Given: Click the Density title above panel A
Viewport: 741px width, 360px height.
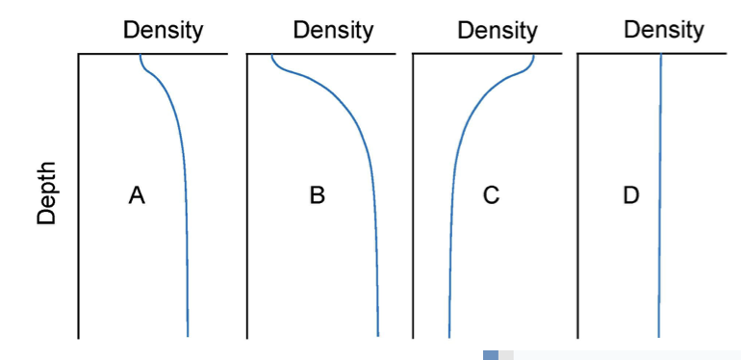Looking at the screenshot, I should (163, 30).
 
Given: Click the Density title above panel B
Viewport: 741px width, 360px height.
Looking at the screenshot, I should (333, 30).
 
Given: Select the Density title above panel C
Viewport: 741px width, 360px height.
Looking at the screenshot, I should (497, 30).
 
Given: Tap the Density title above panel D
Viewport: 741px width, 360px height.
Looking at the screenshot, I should (663, 30).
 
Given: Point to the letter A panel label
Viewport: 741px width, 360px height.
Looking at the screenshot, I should (137, 196).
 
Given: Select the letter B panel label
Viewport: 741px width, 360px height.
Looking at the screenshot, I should (318, 196).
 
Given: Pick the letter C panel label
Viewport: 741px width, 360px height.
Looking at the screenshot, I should (491, 196).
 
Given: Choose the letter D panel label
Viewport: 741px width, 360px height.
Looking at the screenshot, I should (631, 196).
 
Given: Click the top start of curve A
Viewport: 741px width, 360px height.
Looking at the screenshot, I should (141, 56).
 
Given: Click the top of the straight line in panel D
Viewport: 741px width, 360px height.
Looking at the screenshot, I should (661, 56).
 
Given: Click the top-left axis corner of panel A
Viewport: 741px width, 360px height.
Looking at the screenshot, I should (79, 55).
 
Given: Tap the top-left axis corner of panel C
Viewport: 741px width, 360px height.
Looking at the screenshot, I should (414, 55).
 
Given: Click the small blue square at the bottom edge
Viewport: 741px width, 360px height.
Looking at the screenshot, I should (491, 355).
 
